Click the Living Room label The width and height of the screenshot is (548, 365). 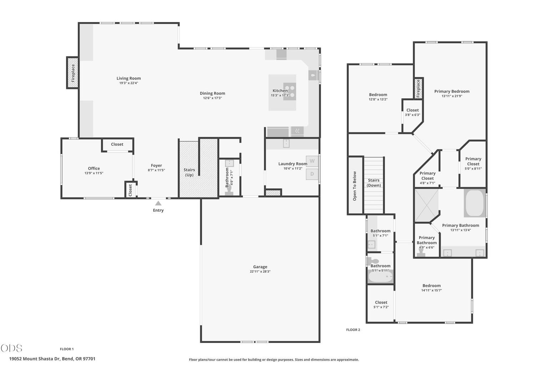click(x=128, y=78)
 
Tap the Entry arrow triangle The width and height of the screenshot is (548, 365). click(x=158, y=203)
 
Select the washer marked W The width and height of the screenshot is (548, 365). click(x=312, y=161)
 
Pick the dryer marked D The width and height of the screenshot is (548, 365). click(x=312, y=174)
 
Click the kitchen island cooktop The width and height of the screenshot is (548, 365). click(x=290, y=92)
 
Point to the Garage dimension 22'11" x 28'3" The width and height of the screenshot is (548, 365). click(x=260, y=271)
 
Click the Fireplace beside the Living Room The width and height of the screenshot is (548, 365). click(x=73, y=73)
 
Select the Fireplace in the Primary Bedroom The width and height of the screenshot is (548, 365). click(x=418, y=88)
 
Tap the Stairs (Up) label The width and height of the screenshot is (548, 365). click(x=189, y=173)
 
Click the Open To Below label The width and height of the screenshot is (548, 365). click(x=355, y=186)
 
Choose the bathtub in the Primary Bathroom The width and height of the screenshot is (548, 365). click(x=475, y=203)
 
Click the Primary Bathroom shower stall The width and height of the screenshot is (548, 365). click(x=427, y=205)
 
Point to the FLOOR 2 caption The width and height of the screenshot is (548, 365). click(x=353, y=330)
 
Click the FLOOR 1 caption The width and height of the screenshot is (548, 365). click(x=67, y=349)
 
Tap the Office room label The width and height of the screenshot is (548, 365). click(x=94, y=168)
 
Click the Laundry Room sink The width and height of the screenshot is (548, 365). click(x=286, y=143)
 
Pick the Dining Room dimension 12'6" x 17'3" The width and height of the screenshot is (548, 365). click(x=212, y=98)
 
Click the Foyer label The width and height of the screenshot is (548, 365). click(x=156, y=165)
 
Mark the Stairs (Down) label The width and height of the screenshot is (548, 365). click(x=374, y=183)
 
